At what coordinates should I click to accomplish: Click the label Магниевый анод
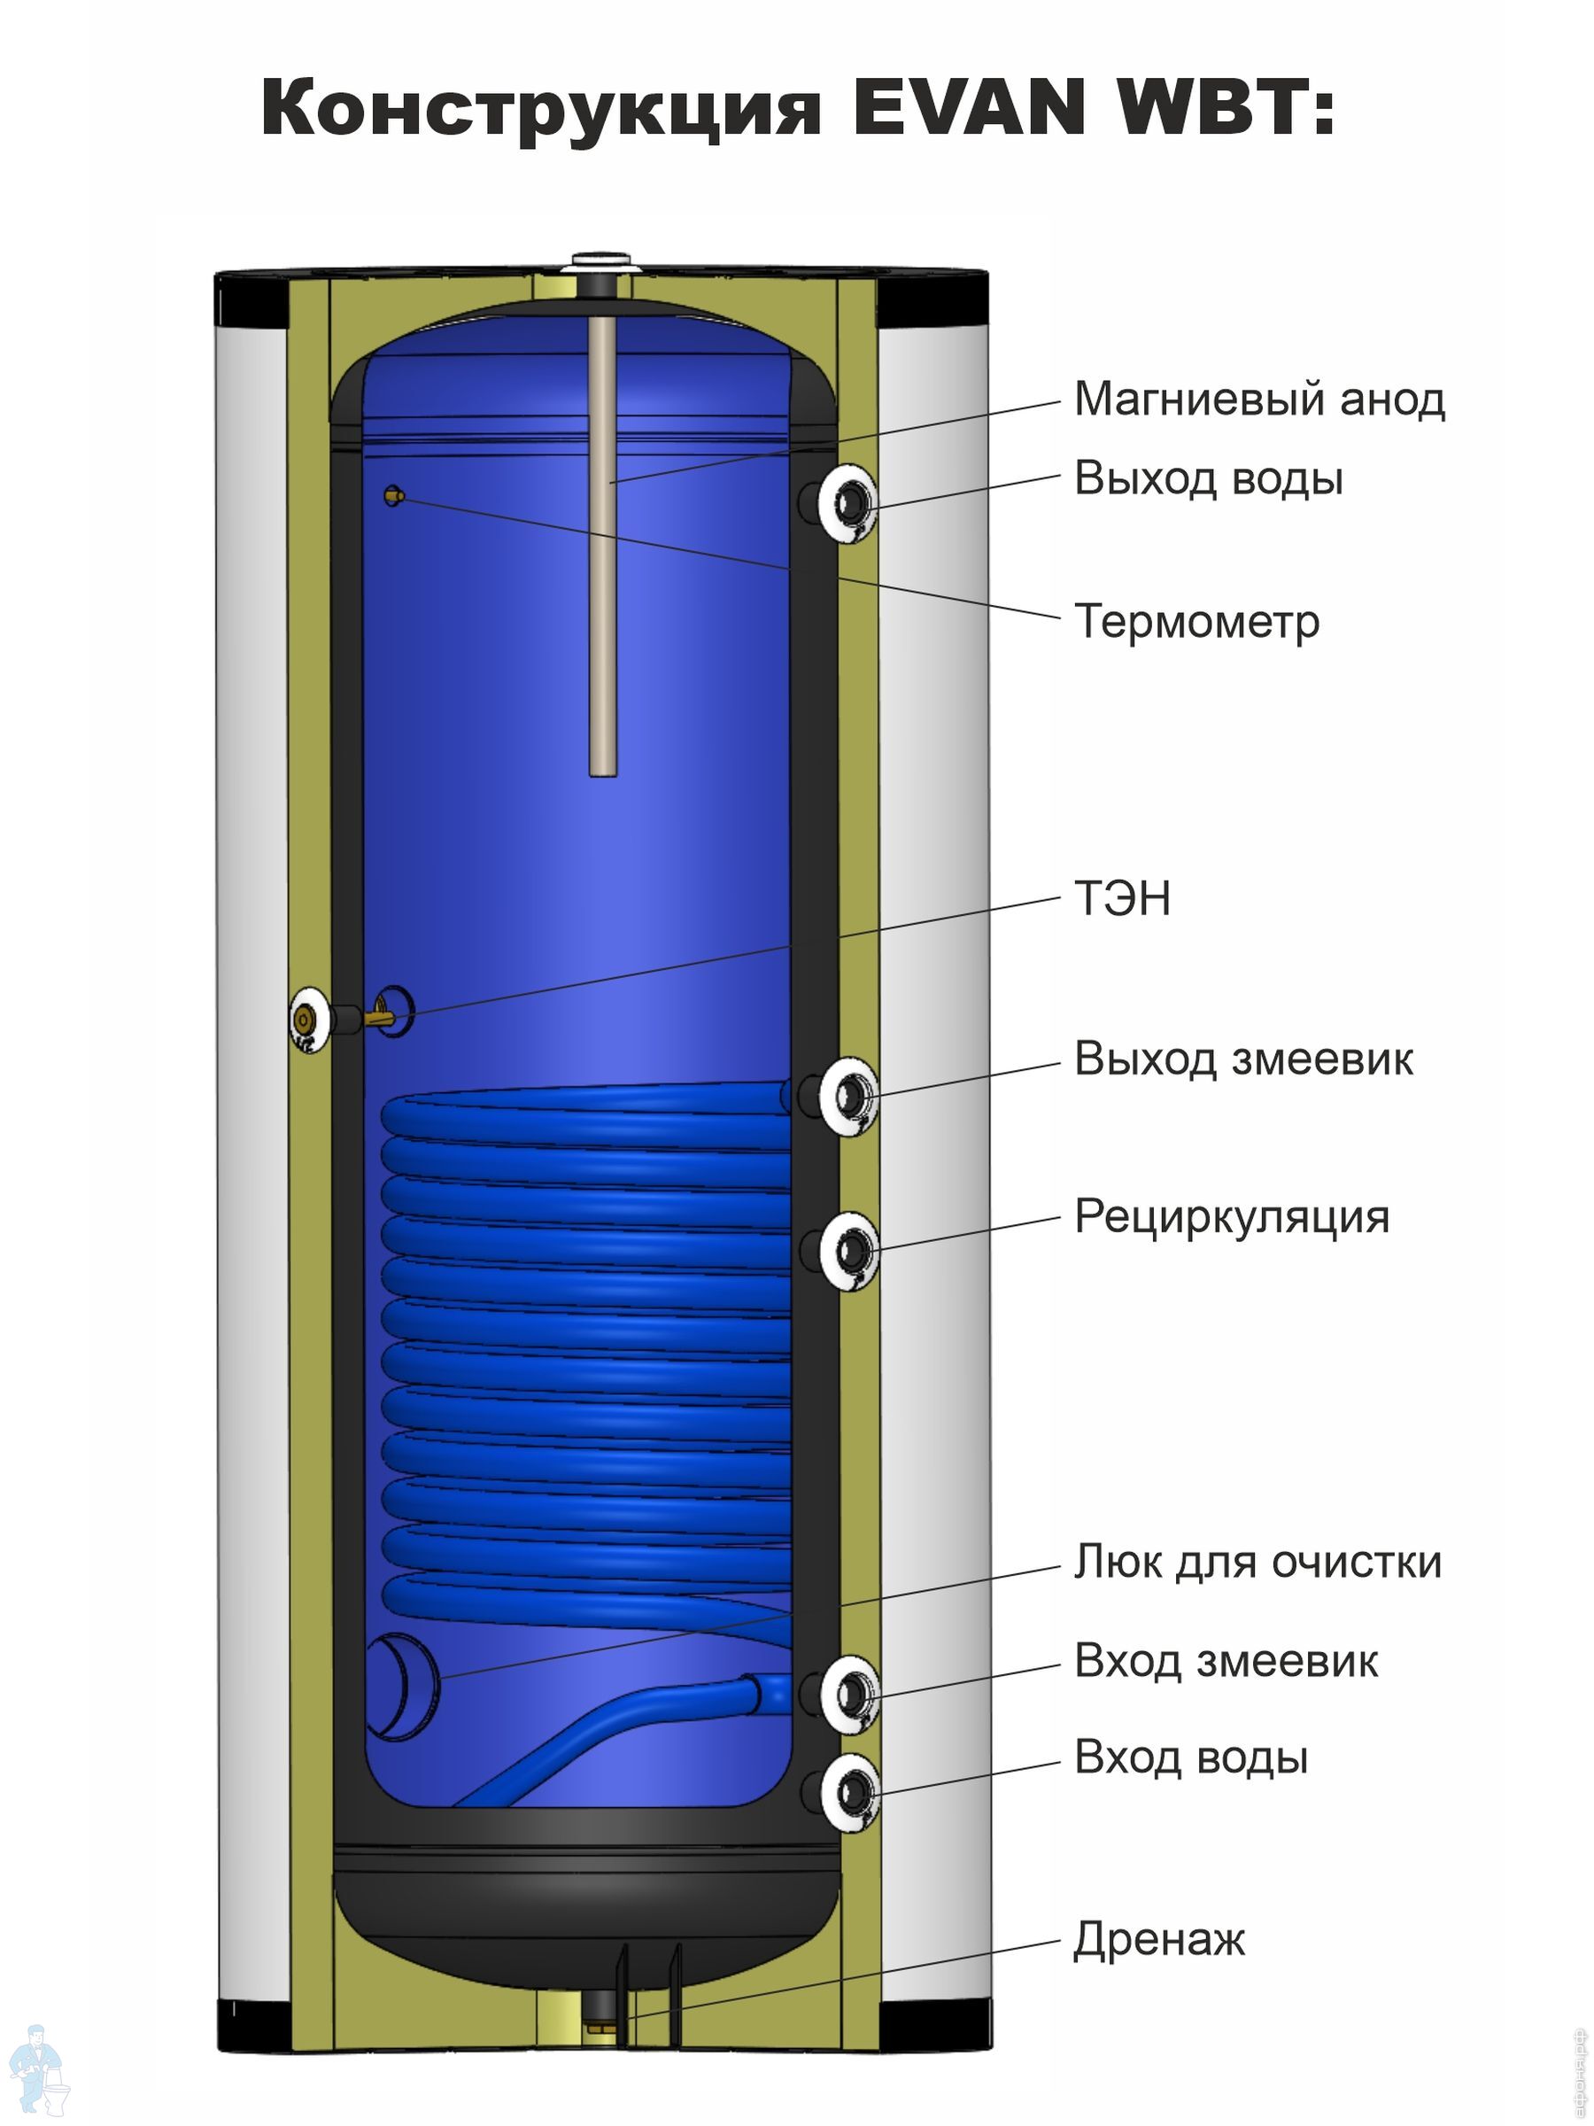1258,400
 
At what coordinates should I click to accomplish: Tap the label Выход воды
1208,478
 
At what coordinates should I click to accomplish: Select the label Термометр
1196,621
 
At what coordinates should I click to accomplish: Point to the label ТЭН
1121,897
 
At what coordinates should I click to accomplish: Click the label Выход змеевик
1243,1059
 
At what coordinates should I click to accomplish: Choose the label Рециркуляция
1232,1217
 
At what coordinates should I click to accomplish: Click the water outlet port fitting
848,502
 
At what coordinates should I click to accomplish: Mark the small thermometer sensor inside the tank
394,496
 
